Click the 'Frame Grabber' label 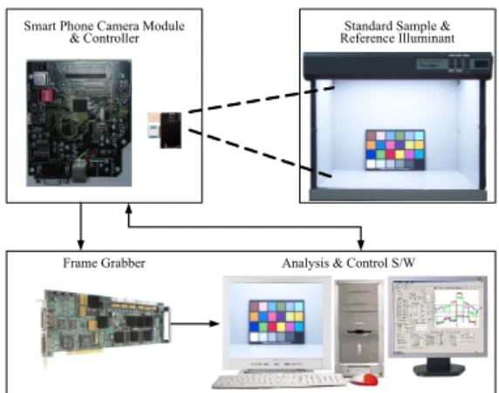click(x=104, y=263)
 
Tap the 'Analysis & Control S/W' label click(x=348, y=263)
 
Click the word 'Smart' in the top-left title click(x=40, y=26)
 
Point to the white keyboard click(x=278, y=380)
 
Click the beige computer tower click(x=359, y=328)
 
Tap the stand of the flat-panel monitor click(x=439, y=367)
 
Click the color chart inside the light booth click(x=395, y=149)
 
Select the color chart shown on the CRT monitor click(x=277, y=322)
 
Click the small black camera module click(x=171, y=131)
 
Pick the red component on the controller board click(x=48, y=95)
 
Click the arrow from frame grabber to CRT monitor click(x=195, y=323)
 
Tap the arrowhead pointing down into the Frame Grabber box click(x=81, y=245)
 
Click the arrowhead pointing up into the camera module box click(x=128, y=209)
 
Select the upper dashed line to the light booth click(x=261, y=99)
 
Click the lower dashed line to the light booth click(x=260, y=152)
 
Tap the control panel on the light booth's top click(x=455, y=64)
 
